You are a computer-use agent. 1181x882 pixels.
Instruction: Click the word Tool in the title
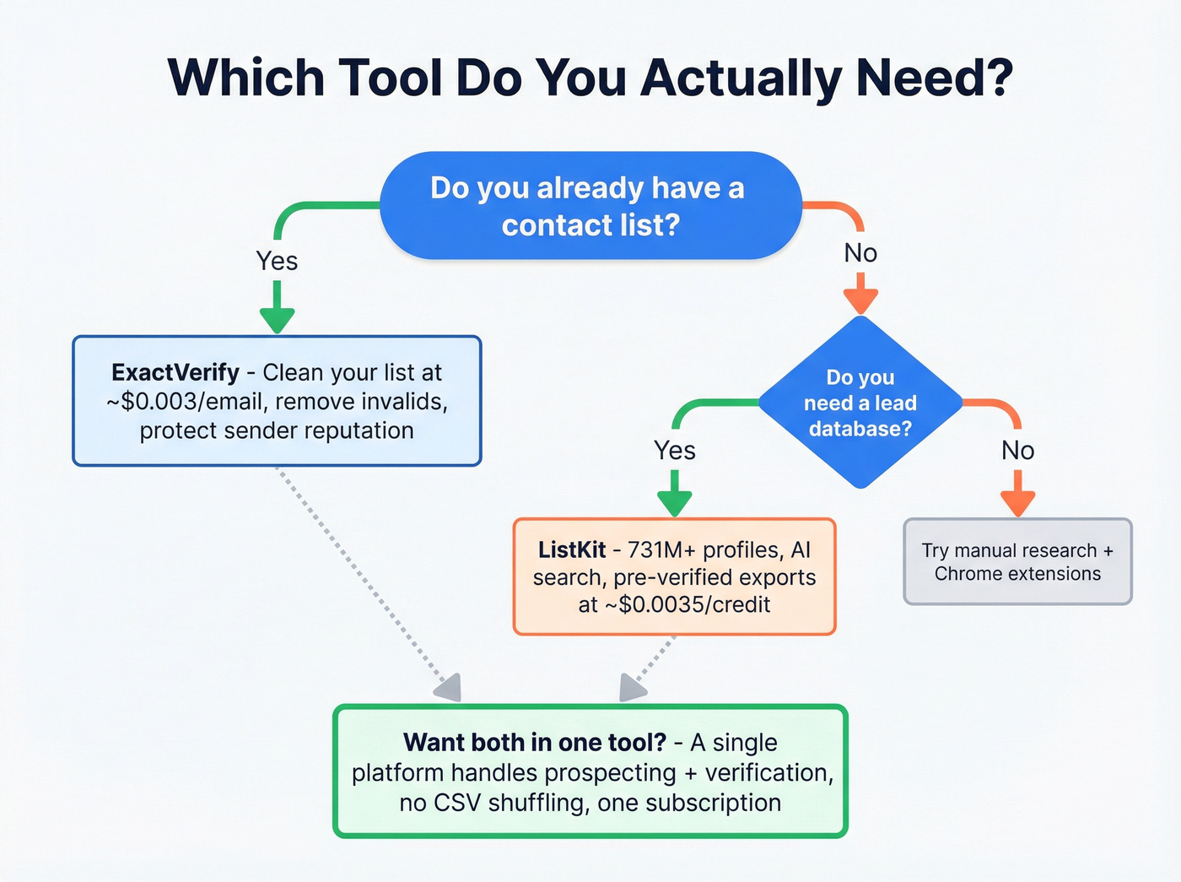click(x=390, y=78)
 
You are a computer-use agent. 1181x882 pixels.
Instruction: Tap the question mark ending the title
click(x=996, y=78)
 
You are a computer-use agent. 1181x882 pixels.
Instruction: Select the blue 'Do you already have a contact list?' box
click(x=590, y=206)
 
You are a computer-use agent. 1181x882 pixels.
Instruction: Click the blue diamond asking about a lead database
click(x=860, y=403)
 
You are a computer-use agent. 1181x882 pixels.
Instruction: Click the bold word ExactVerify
click(x=175, y=372)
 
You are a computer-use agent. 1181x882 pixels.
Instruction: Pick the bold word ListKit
click(x=572, y=549)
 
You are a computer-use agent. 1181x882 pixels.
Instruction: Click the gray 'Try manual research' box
click(x=1017, y=561)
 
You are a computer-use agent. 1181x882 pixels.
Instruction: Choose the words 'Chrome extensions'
click(x=1017, y=574)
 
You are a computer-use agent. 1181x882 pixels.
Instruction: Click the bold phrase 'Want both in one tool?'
click(x=535, y=742)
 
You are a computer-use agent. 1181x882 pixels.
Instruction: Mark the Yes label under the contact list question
click(x=277, y=261)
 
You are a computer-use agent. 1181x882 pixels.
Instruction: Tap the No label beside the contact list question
click(x=860, y=252)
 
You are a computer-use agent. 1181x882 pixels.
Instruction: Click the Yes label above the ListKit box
click(x=674, y=450)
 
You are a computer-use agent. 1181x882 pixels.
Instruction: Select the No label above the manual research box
click(x=1017, y=450)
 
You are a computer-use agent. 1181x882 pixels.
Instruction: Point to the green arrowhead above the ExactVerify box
click(x=277, y=320)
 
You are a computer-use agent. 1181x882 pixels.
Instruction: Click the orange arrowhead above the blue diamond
click(x=860, y=300)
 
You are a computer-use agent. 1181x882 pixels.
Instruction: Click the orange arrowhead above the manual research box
click(x=1017, y=503)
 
